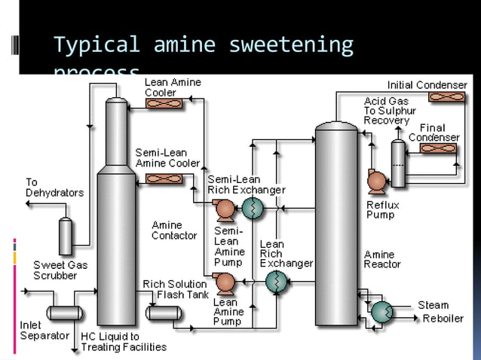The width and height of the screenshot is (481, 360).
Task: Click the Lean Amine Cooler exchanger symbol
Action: [x=161, y=103]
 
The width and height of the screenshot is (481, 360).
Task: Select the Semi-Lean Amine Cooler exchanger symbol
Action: [x=161, y=179]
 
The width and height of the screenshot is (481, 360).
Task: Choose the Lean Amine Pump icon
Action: [x=224, y=282]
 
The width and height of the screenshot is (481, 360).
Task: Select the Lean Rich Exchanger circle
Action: [x=276, y=282]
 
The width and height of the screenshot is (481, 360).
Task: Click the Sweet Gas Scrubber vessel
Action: [x=66, y=236]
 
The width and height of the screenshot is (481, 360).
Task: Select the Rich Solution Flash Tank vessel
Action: [x=159, y=312]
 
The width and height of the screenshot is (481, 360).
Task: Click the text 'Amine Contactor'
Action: [x=174, y=230]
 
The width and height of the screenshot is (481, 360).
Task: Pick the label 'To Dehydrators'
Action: [x=54, y=188]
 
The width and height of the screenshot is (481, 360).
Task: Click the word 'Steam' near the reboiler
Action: [x=434, y=305]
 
